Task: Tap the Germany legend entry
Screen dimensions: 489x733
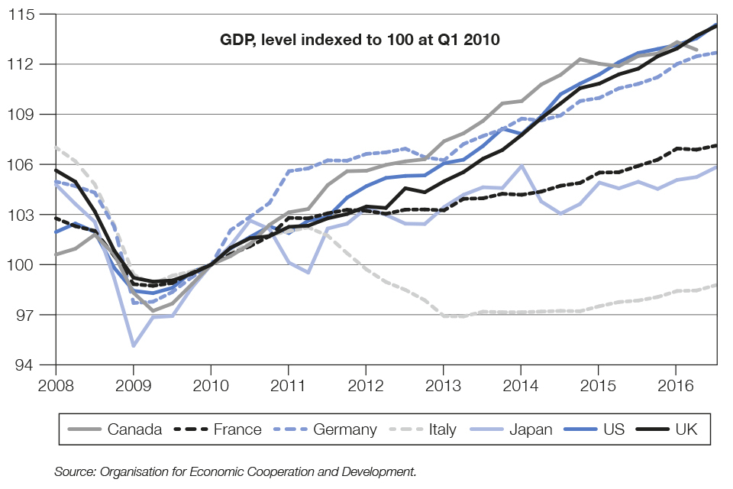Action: pyautogui.click(x=328, y=429)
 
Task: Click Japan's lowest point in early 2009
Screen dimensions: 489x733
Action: pyautogui.click(x=134, y=345)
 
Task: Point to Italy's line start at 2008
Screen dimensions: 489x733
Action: pyautogui.click(x=57, y=147)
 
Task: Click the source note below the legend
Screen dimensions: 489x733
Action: pyautogui.click(x=235, y=472)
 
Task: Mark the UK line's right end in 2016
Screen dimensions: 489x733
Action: pyautogui.click(x=715, y=25)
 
